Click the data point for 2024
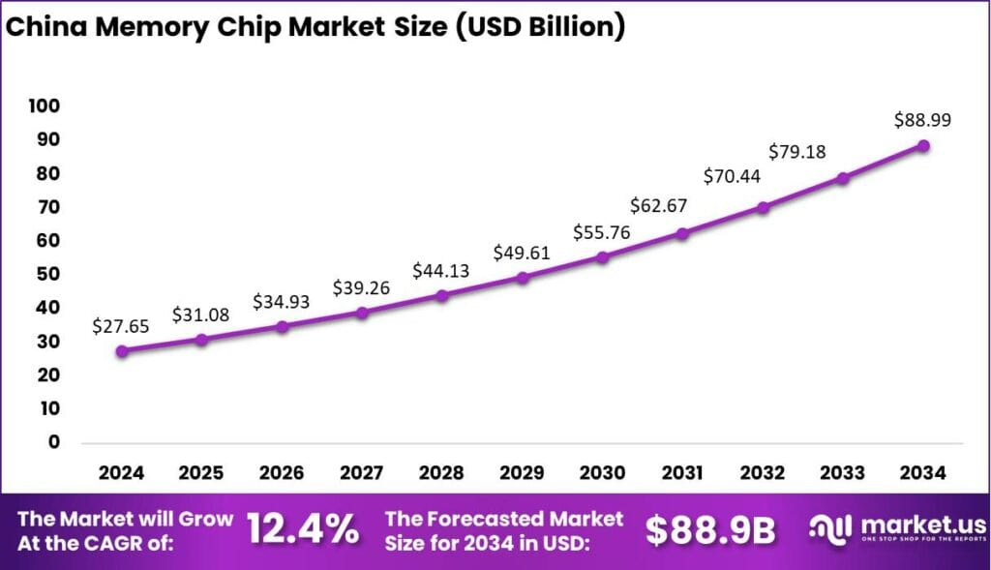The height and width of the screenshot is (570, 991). pyautogui.click(x=121, y=351)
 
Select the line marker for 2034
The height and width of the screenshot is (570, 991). pyautogui.click(x=923, y=146)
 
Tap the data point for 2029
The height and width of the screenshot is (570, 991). pyautogui.click(x=523, y=278)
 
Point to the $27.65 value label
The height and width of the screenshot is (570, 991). pyautogui.click(x=121, y=326)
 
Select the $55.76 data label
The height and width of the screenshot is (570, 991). pyautogui.click(x=603, y=231)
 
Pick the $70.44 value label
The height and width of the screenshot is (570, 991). pyautogui.click(x=732, y=175)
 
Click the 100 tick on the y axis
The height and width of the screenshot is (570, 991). pyautogui.click(x=45, y=105)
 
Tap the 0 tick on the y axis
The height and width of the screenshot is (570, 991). pyautogui.click(x=53, y=442)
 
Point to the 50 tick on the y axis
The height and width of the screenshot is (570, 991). pyautogui.click(x=48, y=274)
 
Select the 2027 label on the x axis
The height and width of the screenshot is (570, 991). pyautogui.click(x=362, y=473)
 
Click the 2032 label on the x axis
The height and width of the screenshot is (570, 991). pyautogui.click(x=763, y=473)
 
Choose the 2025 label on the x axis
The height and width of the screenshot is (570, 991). pyautogui.click(x=201, y=473)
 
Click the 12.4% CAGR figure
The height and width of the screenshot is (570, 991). pyautogui.click(x=302, y=529)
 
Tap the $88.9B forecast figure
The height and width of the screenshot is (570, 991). pyautogui.click(x=710, y=529)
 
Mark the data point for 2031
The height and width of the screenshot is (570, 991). pyautogui.click(x=682, y=233)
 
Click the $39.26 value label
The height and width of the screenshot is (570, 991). pyautogui.click(x=362, y=287)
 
